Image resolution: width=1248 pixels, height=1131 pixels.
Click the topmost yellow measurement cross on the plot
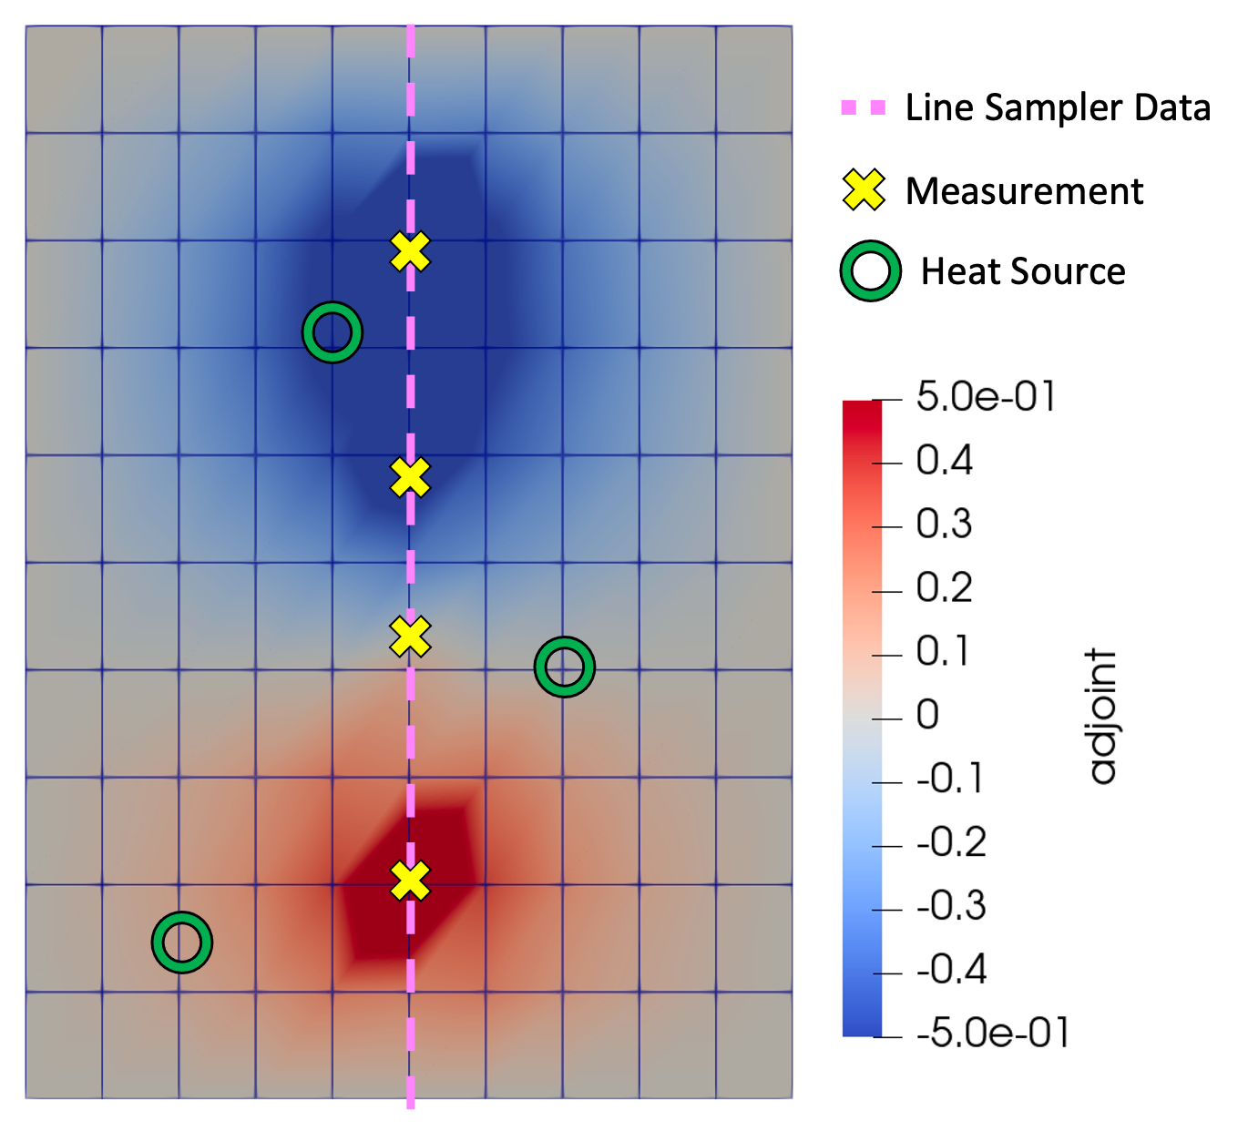click(x=410, y=251)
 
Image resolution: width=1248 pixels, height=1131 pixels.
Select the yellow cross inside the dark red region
click(x=410, y=881)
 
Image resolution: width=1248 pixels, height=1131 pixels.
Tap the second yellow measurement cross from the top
click(x=410, y=477)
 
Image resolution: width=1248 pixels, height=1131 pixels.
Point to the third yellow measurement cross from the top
click(x=410, y=637)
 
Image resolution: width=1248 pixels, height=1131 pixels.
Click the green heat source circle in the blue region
click(x=332, y=332)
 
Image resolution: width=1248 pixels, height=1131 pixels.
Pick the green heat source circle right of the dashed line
click(x=565, y=667)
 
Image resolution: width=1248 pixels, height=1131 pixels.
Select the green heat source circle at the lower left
click(x=182, y=942)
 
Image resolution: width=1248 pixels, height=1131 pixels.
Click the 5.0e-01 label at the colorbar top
click(x=986, y=397)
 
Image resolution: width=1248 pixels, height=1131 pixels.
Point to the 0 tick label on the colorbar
click(x=927, y=715)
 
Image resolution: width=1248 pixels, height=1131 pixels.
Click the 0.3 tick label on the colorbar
click(x=944, y=525)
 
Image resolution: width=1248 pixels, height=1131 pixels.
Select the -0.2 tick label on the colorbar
click(x=951, y=842)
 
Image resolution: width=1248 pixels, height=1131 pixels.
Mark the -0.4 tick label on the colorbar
click(x=951, y=970)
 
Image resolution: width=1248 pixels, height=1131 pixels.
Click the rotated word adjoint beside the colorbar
click(x=1102, y=717)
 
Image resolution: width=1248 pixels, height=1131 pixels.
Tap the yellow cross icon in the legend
click(x=864, y=190)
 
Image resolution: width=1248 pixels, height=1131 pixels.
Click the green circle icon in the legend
click(x=871, y=271)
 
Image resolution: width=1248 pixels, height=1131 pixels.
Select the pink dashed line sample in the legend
click(x=864, y=108)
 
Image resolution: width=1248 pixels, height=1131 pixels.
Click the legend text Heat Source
click(x=1023, y=271)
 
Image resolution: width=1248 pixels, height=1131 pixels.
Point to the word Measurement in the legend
click(x=1024, y=191)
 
